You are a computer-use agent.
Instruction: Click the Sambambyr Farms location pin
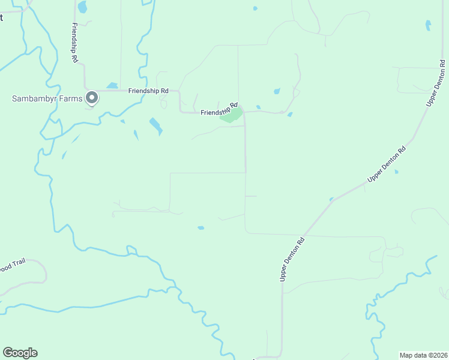coord(92,97)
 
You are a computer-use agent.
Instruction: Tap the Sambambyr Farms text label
coord(46,98)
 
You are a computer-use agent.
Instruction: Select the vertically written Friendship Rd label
coord(74,43)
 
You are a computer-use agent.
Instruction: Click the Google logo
coord(20,353)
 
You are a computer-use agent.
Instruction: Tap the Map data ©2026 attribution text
coord(423,355)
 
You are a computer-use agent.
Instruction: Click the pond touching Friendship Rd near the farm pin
coord(112,86)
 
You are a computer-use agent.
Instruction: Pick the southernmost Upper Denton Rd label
coord(293,259)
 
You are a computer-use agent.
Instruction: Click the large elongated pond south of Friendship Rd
coord(155,126)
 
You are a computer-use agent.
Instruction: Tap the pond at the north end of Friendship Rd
coord(82,7)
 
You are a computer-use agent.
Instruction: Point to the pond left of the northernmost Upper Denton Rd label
coord(428,25)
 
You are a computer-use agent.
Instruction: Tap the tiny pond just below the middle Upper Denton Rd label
coord(396,172)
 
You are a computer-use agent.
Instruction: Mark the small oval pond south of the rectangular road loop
coord(200,228)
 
